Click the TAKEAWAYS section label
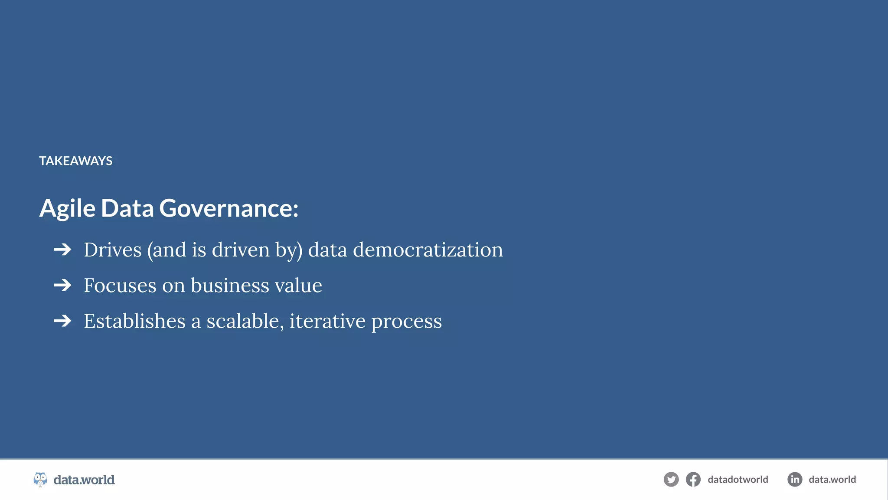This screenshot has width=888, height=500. (x=76, y=161)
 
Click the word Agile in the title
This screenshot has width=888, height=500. (x=67, y=208)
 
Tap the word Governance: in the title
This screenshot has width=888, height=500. (x=229, y=208)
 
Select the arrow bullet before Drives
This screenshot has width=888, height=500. (x=62, y=250)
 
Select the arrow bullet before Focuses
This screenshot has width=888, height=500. (x=62, y=285)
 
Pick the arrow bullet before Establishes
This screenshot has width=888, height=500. (x=62, y=321)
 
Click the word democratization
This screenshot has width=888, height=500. (x=428, y=250)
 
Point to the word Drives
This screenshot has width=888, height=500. (x=112, y=250)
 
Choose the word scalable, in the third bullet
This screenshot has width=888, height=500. (x=245, y=321)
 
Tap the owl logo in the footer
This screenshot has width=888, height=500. (x=40, y=480)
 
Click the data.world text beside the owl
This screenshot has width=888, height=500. (x=84, y=480)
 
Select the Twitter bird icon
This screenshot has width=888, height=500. (x=671, y=480)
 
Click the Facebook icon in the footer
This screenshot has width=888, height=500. (x=693, y=480)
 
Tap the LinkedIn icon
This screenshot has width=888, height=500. (x=795, y=480)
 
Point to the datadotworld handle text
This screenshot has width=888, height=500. (x=738, y=480)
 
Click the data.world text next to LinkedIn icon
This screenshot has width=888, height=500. (x=832, y=480)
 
